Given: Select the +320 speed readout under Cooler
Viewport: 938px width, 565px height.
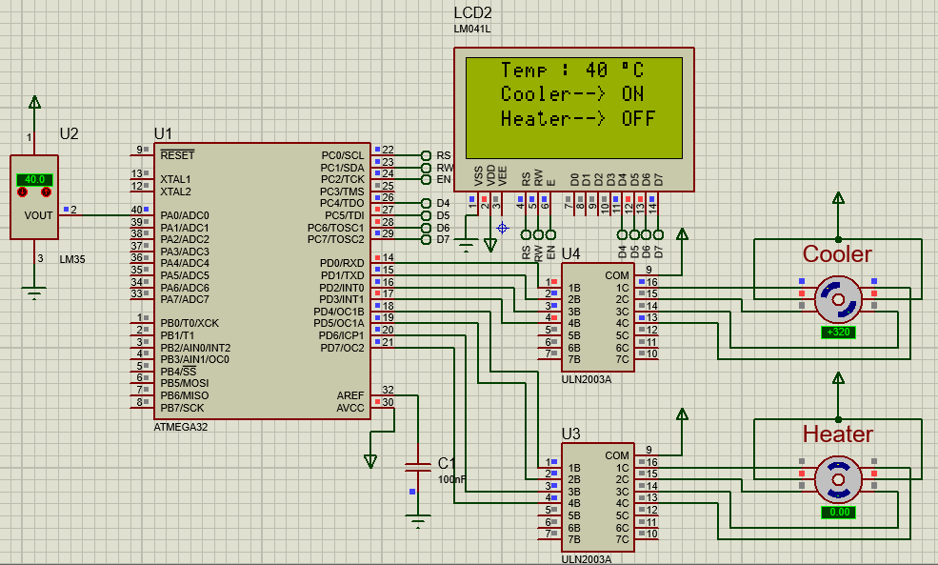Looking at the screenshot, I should [x=838, y=332].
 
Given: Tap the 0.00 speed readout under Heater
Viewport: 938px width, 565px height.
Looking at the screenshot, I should [x=838, y=512].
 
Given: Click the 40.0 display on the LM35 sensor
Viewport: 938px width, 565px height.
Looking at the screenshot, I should [x=34, y=179].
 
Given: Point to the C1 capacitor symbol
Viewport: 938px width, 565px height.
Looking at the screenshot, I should [x=417, y=467].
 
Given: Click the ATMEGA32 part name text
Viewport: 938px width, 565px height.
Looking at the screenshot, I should [x=180, y=427].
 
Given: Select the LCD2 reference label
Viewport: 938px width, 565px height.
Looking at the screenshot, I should [x=473, y=13].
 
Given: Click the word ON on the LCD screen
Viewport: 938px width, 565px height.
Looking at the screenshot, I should [x=632, y=94].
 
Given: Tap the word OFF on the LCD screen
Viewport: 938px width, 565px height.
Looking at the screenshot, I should [x=638, y=119].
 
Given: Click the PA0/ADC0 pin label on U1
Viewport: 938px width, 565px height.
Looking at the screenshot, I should [x=185, y=215].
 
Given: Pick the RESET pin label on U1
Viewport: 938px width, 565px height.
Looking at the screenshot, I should [x=177, y=154].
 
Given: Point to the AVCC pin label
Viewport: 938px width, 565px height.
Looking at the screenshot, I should [x=349, y=408].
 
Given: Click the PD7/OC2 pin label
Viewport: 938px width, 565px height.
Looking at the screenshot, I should [x=342, y=348].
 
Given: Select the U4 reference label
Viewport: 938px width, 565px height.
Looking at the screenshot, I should [x=570, y=253].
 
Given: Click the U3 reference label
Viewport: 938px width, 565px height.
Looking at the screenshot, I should [x=570, y=434].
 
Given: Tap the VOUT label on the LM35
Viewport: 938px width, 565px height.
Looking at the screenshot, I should [x=39, y=215].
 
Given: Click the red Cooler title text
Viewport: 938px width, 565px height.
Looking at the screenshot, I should [x=837, y=254].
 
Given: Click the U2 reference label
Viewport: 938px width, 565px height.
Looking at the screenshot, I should [x=69, y=133].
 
